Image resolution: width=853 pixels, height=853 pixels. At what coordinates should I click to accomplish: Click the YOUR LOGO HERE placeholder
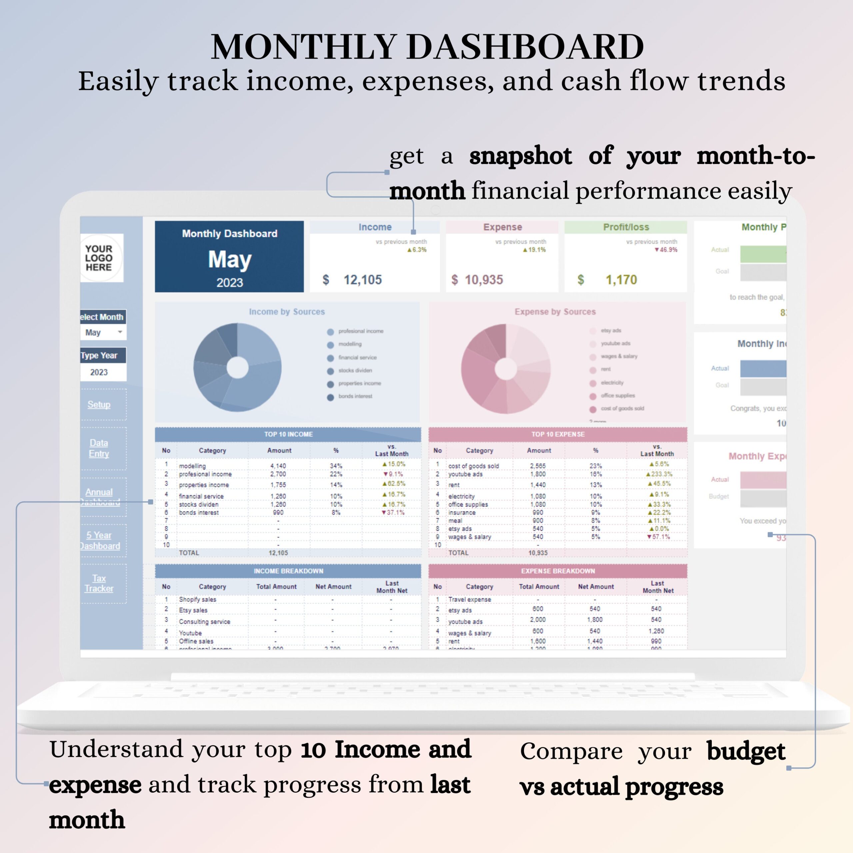point(99,258)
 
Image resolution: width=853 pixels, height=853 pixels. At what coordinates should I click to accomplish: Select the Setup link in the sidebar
point(99,405)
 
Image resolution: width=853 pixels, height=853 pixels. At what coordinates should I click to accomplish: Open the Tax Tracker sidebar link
point(99,583)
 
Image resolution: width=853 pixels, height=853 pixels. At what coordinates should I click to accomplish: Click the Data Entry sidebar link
point(99,448)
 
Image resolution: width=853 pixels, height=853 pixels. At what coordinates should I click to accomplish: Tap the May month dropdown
point(103,333)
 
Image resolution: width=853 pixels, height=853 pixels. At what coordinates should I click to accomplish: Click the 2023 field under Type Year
point(99,372)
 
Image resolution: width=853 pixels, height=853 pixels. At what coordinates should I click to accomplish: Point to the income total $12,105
point(362,280)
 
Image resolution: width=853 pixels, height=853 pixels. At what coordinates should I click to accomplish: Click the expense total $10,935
point(483,280)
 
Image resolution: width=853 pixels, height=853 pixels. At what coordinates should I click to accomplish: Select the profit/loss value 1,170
point(621,280)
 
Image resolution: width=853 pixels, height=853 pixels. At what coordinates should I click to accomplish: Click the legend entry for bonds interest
point(355,397)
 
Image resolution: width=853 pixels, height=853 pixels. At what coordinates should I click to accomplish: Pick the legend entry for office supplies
point(617,396)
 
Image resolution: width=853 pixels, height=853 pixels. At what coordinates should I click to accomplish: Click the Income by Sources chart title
point(287,312)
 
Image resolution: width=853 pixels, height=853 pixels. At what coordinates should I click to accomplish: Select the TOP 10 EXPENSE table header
point(558,434)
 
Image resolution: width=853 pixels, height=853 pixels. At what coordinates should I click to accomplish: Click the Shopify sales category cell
point(197,599)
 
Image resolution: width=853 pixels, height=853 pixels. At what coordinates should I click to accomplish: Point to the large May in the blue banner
point(230,259)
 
